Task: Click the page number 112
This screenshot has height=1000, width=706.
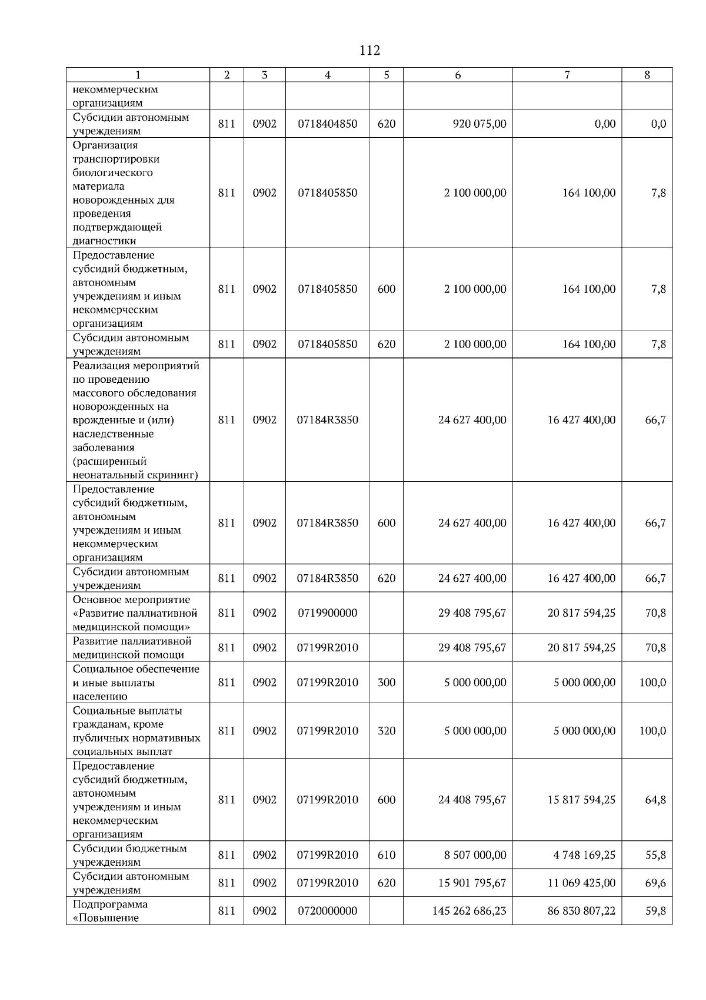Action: pos(369,51)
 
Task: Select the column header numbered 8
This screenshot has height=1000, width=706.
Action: pos(647,75)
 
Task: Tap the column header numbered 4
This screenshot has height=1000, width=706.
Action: pos(327,75)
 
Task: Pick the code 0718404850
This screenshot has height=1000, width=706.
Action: pos(327,124)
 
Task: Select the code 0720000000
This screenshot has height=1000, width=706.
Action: pos(327,910)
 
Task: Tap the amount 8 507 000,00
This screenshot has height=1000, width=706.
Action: pos(475,855)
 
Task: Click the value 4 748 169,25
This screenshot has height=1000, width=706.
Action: pos(584,855)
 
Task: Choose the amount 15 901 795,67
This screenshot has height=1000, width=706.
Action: pos(472,883)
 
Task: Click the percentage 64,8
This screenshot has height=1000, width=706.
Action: pos(655,800)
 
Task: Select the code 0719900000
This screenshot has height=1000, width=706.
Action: pos(327,613)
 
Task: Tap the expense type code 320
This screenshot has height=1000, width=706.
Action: pos(386,731)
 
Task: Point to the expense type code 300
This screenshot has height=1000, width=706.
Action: pos(386,683)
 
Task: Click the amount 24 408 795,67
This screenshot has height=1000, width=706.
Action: pos(472,800)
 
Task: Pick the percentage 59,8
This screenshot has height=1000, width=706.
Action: pos(655,910)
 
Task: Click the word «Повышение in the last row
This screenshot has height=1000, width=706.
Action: pos(105,918)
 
